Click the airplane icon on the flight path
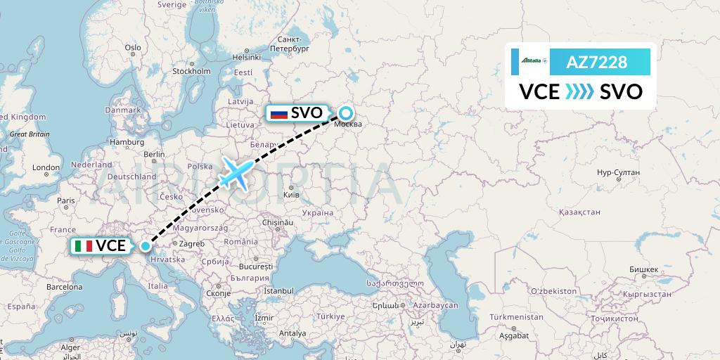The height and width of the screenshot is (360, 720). point(236,172)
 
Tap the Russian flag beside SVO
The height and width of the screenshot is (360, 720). point(279,113)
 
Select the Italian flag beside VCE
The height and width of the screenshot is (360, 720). point(84,246)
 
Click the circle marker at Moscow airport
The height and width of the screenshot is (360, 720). point(346,112)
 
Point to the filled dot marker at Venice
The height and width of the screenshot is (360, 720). point(145,246)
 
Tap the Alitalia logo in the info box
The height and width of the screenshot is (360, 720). point(532,61)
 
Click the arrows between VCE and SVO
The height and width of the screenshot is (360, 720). point(580,92)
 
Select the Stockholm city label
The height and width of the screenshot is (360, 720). point(192,71)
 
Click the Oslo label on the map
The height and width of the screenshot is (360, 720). point(133,48)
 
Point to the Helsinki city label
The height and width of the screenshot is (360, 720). point(247,56)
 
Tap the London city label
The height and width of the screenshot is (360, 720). point(46,168)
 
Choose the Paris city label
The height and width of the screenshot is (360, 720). point(65,200)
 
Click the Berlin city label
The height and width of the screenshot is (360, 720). point(153,155)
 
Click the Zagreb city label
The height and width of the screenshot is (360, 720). point(191,243)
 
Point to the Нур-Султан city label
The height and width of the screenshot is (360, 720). point(617,172)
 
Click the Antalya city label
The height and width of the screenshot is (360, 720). point(293,333)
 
